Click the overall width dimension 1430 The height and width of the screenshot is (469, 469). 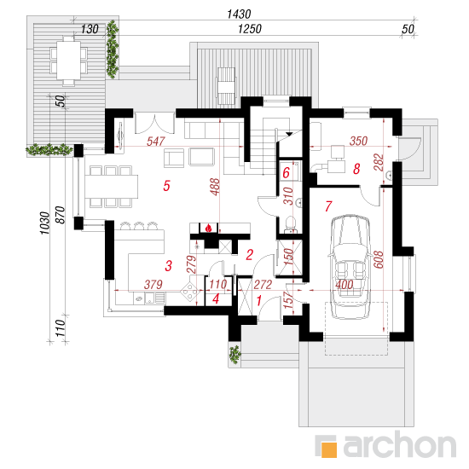[x=239, y=14]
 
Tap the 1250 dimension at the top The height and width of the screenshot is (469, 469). [x=250, y=29]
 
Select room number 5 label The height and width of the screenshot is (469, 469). [x=166, y=186]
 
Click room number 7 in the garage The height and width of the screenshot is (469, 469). [x=328, y=206]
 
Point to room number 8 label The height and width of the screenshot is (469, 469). [x=356, y=169]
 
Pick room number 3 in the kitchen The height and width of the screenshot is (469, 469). [x=168, y=265]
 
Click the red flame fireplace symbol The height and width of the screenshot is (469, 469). [x=208, y=229]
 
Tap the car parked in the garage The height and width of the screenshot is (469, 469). [x=350, y=267]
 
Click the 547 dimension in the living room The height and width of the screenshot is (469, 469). [x=156, y=142]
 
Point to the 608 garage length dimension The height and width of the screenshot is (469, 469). [x=379, y=259]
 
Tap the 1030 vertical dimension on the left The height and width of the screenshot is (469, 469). [x=44, y=223]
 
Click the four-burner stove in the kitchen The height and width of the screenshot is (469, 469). [x=189, y=291]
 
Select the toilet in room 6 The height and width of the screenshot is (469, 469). [x=291, y=223]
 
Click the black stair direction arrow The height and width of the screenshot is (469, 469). [x=289, y=134]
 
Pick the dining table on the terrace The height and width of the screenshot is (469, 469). [x=68, y=61]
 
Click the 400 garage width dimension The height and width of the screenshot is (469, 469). [x=344, y=285]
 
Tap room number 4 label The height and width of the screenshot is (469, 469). [x=216, y=298]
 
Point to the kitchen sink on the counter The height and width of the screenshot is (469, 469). [x=149, y=298]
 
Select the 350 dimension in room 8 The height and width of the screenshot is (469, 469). [x=358, y=141]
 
